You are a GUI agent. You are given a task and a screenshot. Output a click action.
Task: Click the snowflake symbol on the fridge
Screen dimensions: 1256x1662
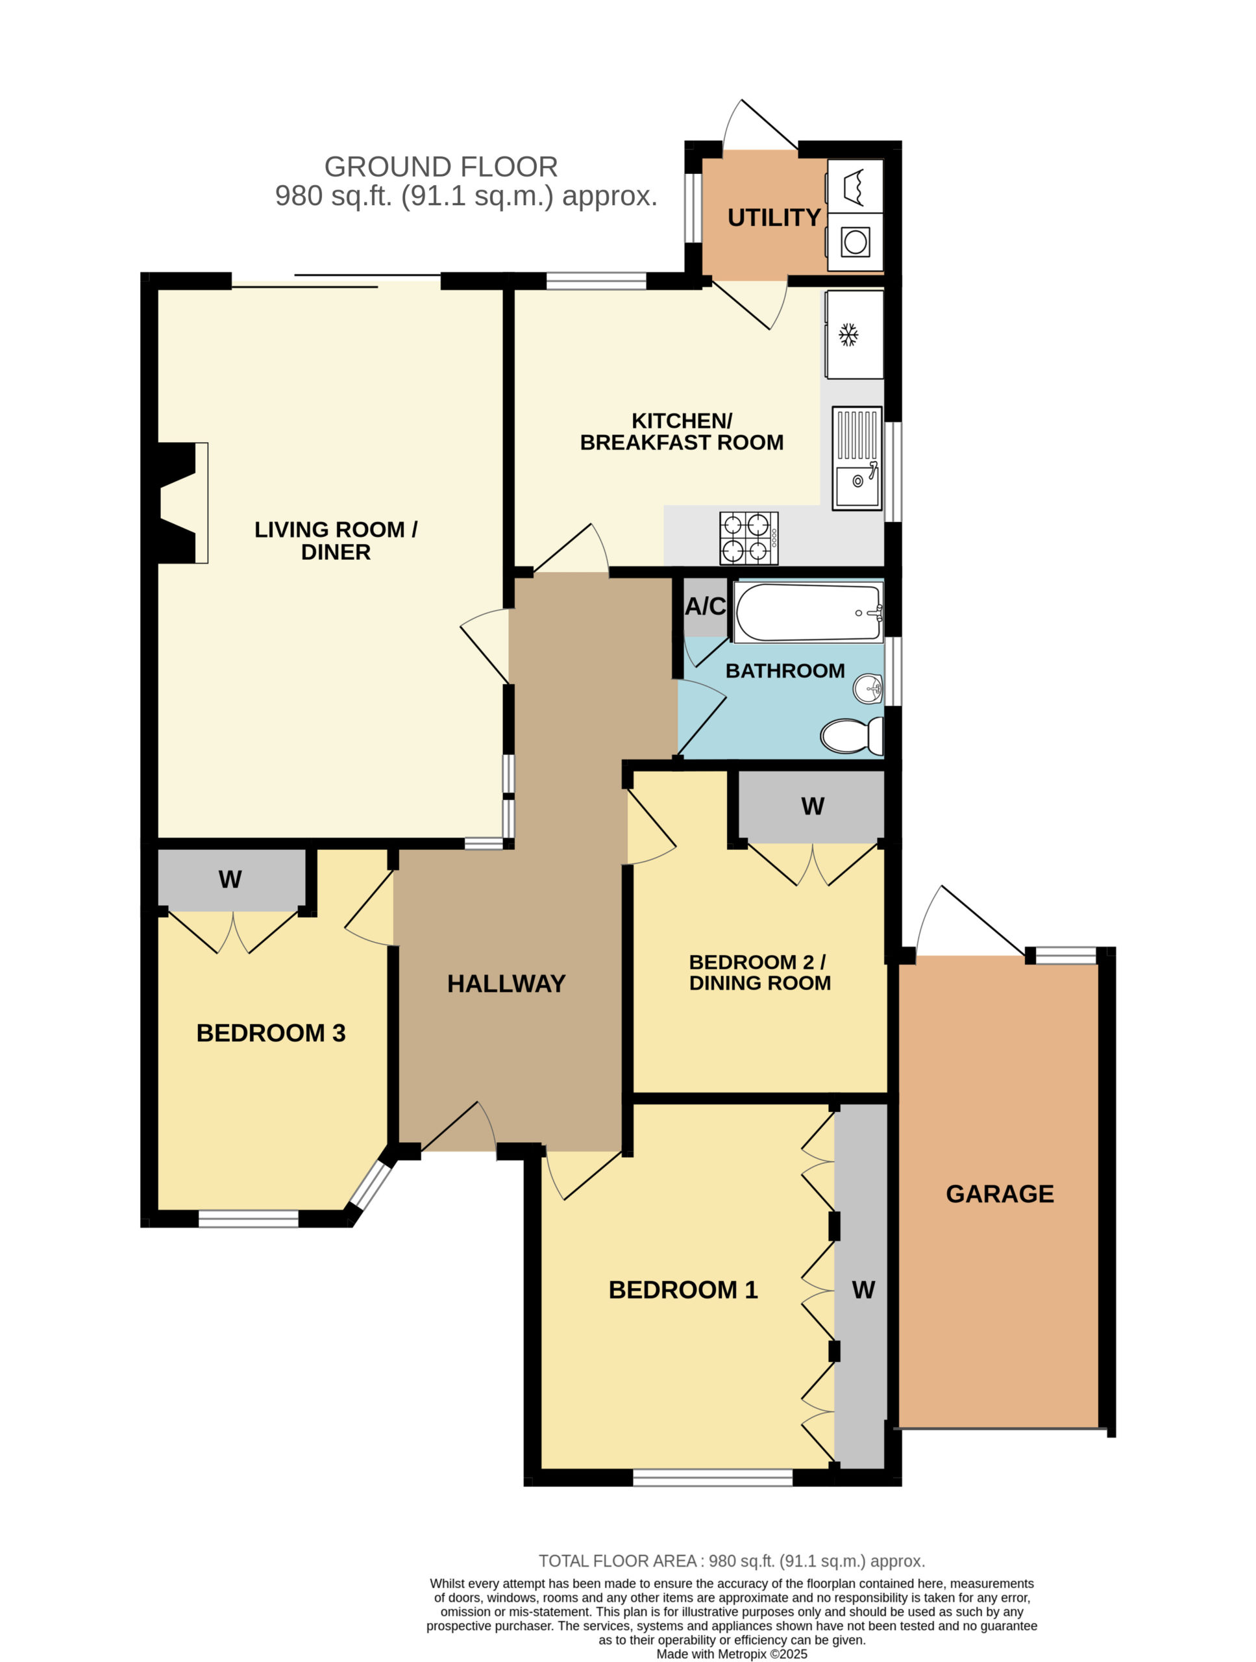point(848,335)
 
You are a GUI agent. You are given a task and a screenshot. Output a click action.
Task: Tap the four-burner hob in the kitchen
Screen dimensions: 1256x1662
point(748,538)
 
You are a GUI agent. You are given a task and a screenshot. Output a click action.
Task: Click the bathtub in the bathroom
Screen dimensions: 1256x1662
point(807,612)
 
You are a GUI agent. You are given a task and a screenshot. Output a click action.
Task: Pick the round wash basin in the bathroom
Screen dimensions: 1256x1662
point(868,688)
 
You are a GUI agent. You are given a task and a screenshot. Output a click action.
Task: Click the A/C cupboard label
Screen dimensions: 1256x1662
point(706,606)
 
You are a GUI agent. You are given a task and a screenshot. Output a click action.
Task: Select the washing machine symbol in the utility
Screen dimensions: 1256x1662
point(855,242)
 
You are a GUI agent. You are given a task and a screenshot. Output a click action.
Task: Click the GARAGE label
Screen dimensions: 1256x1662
point(999,1194)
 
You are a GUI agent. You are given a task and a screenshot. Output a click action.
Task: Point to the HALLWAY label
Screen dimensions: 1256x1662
point(506,984)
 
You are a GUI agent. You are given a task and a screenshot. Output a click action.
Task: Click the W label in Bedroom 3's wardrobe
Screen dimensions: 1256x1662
point(230,879)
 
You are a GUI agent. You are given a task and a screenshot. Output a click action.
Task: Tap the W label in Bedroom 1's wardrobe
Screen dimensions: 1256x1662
point(863,1290)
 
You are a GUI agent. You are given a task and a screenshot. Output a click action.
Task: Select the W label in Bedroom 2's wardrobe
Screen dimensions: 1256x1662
point(813,806)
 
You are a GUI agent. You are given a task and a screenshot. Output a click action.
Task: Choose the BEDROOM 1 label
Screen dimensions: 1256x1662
point(683,1290)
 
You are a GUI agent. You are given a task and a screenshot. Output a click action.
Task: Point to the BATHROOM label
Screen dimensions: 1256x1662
point(785,671)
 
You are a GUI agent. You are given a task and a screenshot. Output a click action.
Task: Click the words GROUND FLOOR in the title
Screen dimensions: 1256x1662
point(441,167)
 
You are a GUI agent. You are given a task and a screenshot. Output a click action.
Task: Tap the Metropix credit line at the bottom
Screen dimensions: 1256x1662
point(732,1654)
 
